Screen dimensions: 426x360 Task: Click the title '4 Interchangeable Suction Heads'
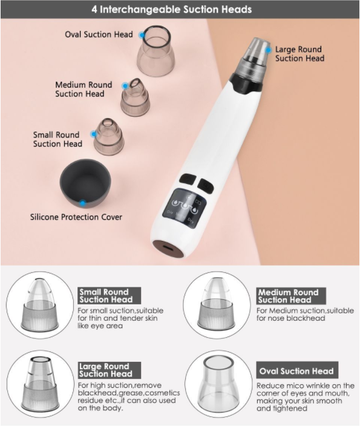click(180, 10)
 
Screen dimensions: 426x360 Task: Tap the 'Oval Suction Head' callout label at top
click(99, 34)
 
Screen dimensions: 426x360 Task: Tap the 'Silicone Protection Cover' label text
click(76, 217)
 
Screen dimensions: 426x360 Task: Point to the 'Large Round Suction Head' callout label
click(299, 54)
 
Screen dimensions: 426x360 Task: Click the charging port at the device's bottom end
click(164, 248)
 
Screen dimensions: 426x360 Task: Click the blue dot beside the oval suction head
click(141, 35)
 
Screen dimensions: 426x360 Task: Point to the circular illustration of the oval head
click(217, 380)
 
